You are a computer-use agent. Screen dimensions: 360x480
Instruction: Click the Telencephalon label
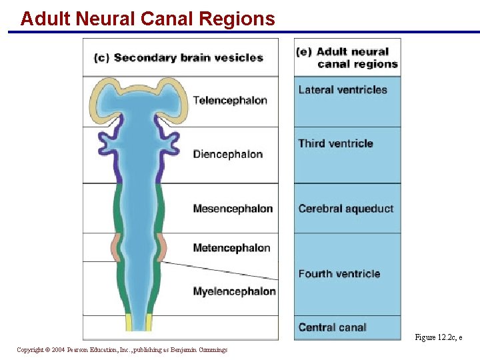coord(230,101)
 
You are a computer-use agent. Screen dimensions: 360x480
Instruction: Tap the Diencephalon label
coord(228,154)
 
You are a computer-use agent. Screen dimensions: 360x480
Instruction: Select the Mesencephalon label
coord(233,209)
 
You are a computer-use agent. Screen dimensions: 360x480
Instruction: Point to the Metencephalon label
coord(231,248)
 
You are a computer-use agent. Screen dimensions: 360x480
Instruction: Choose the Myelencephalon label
coord(234,291)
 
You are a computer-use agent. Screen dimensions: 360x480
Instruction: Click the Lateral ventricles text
coord(343,90)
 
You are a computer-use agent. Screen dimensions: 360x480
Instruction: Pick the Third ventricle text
coord(335,143)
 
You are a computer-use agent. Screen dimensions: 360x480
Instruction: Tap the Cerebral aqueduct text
coord(346,209)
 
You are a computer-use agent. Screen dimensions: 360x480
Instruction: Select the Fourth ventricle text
coord(339,273)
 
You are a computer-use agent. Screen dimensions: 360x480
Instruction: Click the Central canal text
coord(332,327)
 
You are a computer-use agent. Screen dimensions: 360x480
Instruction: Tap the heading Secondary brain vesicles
coord(189,57)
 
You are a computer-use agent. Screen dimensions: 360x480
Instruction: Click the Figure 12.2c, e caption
coord(438,337)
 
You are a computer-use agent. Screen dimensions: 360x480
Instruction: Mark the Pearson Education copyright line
coord(122,349)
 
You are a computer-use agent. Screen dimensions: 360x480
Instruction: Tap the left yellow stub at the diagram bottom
coord(129,323)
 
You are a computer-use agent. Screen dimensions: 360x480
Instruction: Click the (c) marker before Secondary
coord(101,58)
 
